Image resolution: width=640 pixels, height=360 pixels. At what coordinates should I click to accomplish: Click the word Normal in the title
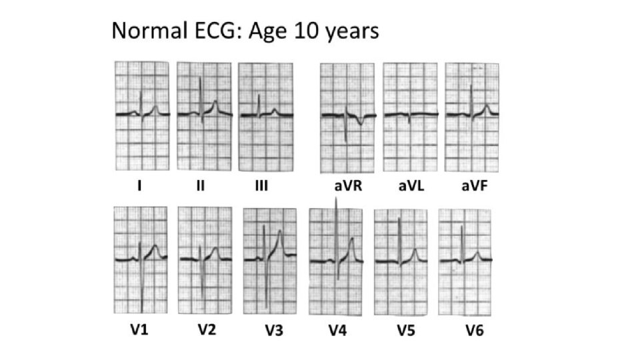(x=149, y=31)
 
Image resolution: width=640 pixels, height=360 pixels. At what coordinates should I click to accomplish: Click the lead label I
(x=139, y=186)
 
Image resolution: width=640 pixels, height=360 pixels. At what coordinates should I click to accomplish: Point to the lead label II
(x=200, y=186)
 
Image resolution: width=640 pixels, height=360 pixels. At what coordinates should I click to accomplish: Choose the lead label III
(x=261, y=186)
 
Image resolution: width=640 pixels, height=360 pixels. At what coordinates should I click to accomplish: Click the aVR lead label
(x=348, y=186)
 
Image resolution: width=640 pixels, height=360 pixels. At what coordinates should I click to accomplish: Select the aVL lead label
(x=411, y=186)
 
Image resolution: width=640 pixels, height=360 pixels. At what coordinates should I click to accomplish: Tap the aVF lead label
(x=474, y=186)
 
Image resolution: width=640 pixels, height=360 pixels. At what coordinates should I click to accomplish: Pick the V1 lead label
(x=139, y=329)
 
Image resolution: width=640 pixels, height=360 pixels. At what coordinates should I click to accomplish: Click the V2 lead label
(x=207, y=329)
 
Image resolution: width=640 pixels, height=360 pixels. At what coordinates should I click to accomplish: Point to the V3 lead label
(x=274, y=330)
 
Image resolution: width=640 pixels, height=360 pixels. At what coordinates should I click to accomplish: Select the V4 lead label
(x=337, y=330)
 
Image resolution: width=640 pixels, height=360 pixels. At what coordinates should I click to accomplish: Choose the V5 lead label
(x=406, y=330)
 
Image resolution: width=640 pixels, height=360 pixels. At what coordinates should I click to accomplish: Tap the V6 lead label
(x=474, y=330)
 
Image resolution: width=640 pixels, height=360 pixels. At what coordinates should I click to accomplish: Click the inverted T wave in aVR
(x=360, y=121)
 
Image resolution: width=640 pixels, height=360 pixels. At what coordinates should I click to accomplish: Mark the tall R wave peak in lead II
(x=200, y=77)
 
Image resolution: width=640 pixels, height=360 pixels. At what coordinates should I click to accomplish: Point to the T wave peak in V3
(x=280, y=231)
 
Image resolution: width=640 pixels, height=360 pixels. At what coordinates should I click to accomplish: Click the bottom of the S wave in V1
(x=141, y=311)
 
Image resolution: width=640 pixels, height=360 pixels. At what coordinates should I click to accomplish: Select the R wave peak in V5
(x=399, y=219)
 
